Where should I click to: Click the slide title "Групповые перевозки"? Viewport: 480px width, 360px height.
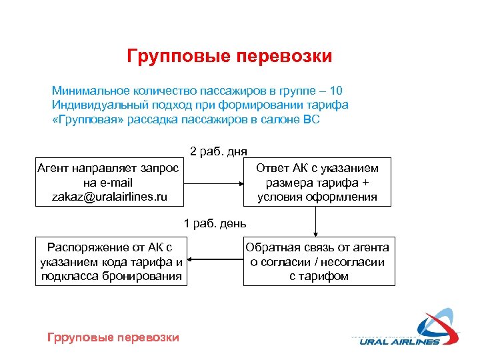coord(229,56)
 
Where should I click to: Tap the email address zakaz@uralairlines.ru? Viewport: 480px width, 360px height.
coord(109,197)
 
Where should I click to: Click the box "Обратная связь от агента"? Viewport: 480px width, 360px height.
coord(317,261)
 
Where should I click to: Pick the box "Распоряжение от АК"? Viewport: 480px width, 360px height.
coord(111,261)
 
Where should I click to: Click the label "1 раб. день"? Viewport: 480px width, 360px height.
coord(215,222)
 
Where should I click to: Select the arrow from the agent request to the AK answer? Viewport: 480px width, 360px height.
coord(214,182)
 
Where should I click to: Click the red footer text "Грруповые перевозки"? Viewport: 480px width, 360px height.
coord(113,337)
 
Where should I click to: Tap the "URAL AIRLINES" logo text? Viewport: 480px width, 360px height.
coord(400,342)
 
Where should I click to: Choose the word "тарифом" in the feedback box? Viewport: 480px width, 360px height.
coord(319,276)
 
